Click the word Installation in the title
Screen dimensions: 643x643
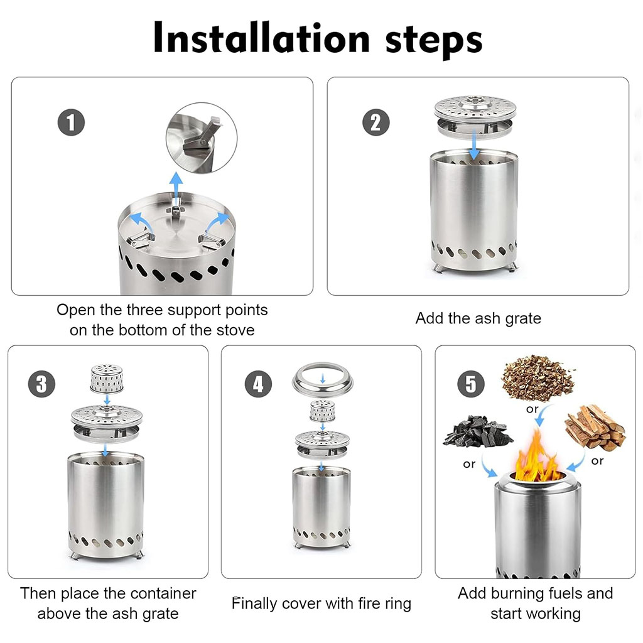coord(262,38)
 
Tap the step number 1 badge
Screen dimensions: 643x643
coord(71,122)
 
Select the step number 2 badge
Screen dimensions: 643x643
coord(376,122)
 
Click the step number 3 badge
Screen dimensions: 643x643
coord(41,384)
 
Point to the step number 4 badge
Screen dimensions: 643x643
coord(258,384)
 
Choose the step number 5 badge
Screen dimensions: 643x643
coord(471,384)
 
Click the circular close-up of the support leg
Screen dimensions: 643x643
coord(202,138)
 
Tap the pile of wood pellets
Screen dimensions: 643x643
coord(538,377)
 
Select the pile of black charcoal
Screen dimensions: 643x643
coord(477,431)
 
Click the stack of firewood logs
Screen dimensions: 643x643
coord(595,427)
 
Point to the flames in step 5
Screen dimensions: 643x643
coord(537,455)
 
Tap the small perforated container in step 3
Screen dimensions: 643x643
coord(107,379)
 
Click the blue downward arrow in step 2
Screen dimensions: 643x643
coord(474,145)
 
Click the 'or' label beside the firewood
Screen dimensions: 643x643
coord(598,461)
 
